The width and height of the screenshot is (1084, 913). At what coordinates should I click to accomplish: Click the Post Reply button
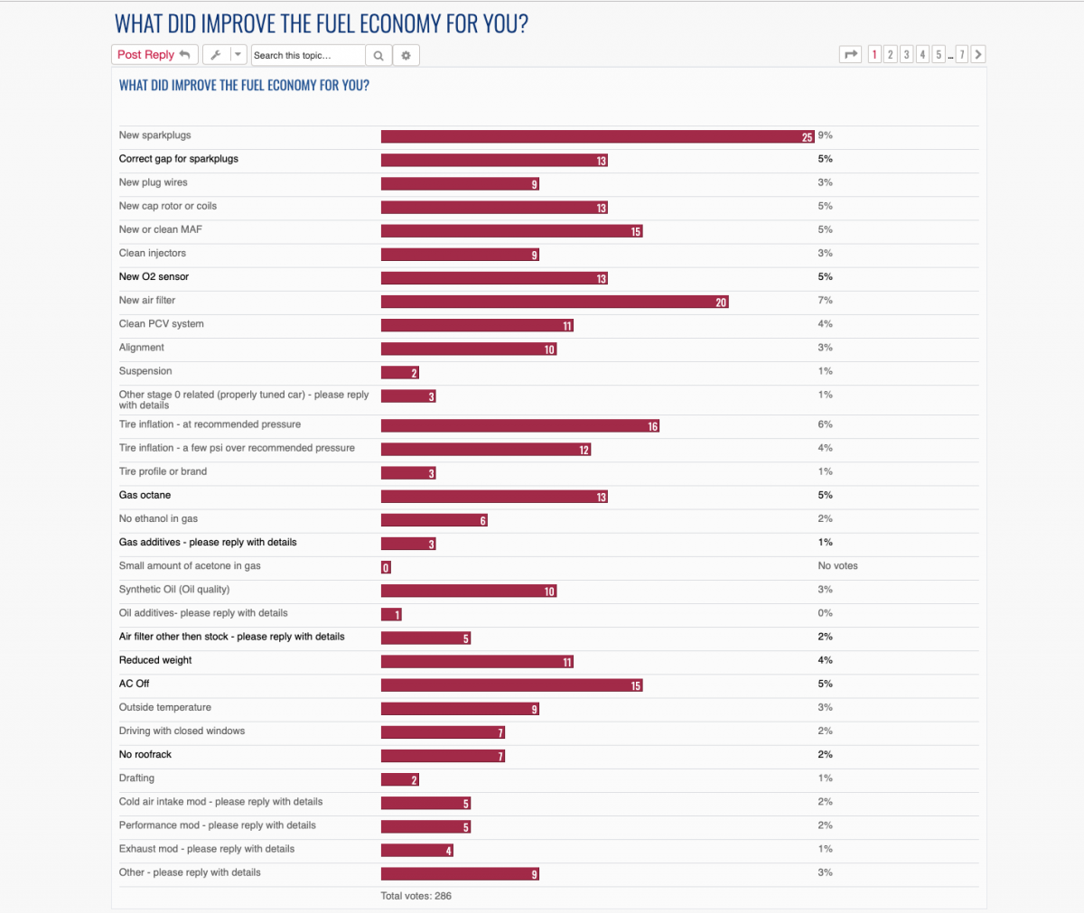pyautogui.click(x=154, y=55)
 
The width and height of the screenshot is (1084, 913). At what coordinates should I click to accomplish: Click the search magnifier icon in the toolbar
pyautogui.click(x=378, y=55)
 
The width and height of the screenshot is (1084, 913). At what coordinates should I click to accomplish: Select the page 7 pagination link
pyautogui.click(x=962, y=55)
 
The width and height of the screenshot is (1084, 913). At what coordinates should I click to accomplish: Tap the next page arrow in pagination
pyautogui.click(x=978, y=55)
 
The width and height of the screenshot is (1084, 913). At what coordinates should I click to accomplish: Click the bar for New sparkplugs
pyautogui.click(x=597, y=137)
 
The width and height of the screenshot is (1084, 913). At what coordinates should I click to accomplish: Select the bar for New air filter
pyautogui.click(x=554, y=303)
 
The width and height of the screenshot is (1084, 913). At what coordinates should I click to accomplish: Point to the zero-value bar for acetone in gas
pyautogui.click(x=386, y=568)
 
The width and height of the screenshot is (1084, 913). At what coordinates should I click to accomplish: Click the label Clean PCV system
pyautogui.click(x=162, y=324)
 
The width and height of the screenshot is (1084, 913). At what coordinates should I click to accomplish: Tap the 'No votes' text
pyautogui.click(x=837, y=566)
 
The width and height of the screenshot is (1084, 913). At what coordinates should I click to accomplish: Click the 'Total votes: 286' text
pyautogui.click(x=416, y=896)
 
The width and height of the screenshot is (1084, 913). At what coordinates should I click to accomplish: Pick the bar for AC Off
pyautogui.click(x=511, y=685)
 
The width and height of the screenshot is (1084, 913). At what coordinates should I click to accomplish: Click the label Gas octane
pyautogui.click(x=145, y=496)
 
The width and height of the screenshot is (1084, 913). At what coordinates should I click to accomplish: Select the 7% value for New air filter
pyautogui.click(x=825, y=301)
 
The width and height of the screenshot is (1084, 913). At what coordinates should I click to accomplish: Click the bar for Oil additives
pyautogui.click(x=391, y=615)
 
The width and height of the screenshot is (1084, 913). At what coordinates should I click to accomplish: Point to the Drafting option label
pyautogui.click(x=136, y=778)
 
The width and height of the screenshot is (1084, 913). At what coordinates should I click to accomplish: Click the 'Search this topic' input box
pyautogui.click(x=307, y=55)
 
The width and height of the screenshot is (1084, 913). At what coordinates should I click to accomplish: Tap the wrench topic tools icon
pyautogui.click(x=215, y=55)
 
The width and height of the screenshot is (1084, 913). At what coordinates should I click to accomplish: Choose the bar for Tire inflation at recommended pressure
pyautogui.click(x=519, y=426)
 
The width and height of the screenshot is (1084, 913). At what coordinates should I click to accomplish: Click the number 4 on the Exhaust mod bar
pyautogui.click(x=448, y=851)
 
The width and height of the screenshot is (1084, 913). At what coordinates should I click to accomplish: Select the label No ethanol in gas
pyautogui.click(x=158, y=519)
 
